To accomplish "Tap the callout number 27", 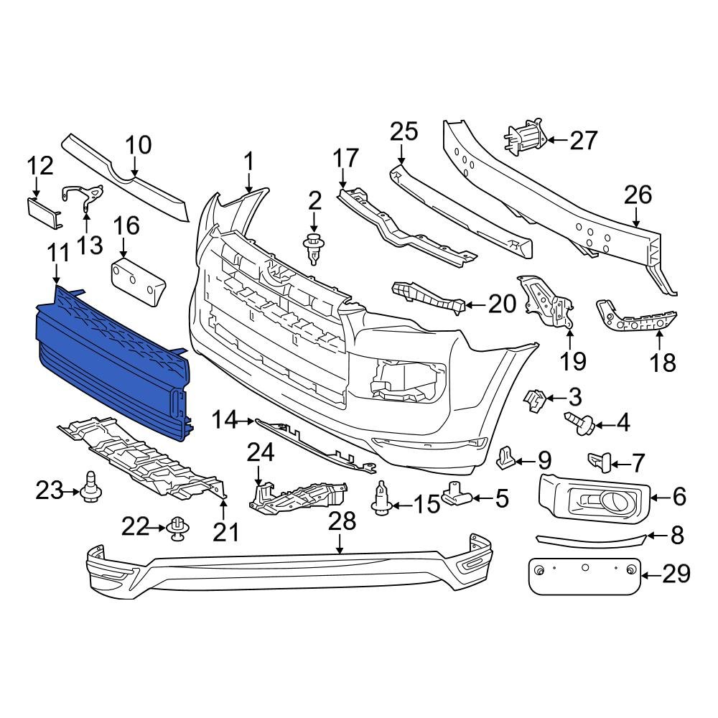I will [583, 140].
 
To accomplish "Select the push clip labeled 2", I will [312, 248].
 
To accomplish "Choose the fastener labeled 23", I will [91, 492].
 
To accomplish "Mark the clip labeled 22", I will [177, 530].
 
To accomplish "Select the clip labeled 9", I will [508, 455].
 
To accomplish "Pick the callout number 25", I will [403, 131].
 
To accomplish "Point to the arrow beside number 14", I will [246, 420].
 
